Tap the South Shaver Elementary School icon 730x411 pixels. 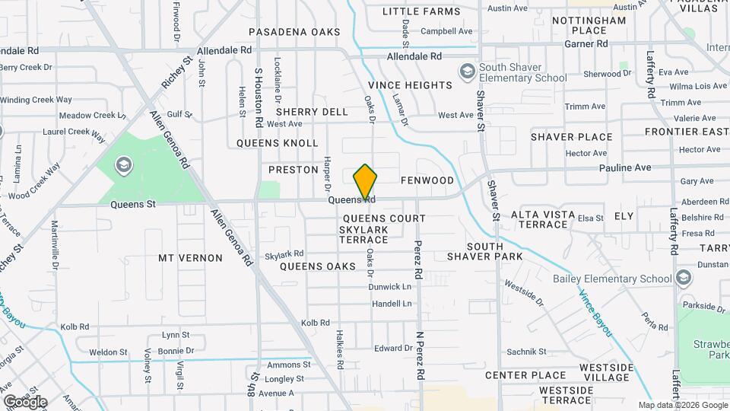(x=467, y=72)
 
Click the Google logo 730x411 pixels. (x=25, y=402)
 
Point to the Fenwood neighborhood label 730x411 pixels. (x=427, y=181)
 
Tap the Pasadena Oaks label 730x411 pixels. (x=294, y=32)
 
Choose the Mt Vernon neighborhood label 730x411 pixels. (x=190, y=258)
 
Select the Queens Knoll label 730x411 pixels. (x=277, y=143)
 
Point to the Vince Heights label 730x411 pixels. (x=410, y=85)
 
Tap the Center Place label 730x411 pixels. (x=525, y=375)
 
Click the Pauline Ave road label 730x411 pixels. (x=625, y=167)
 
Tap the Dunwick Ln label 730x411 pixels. (x=390, y=287)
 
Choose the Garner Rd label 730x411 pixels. (x=586, y=44)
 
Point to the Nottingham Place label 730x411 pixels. (x=589, y=25)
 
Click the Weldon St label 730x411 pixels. (x=108, y=352)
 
